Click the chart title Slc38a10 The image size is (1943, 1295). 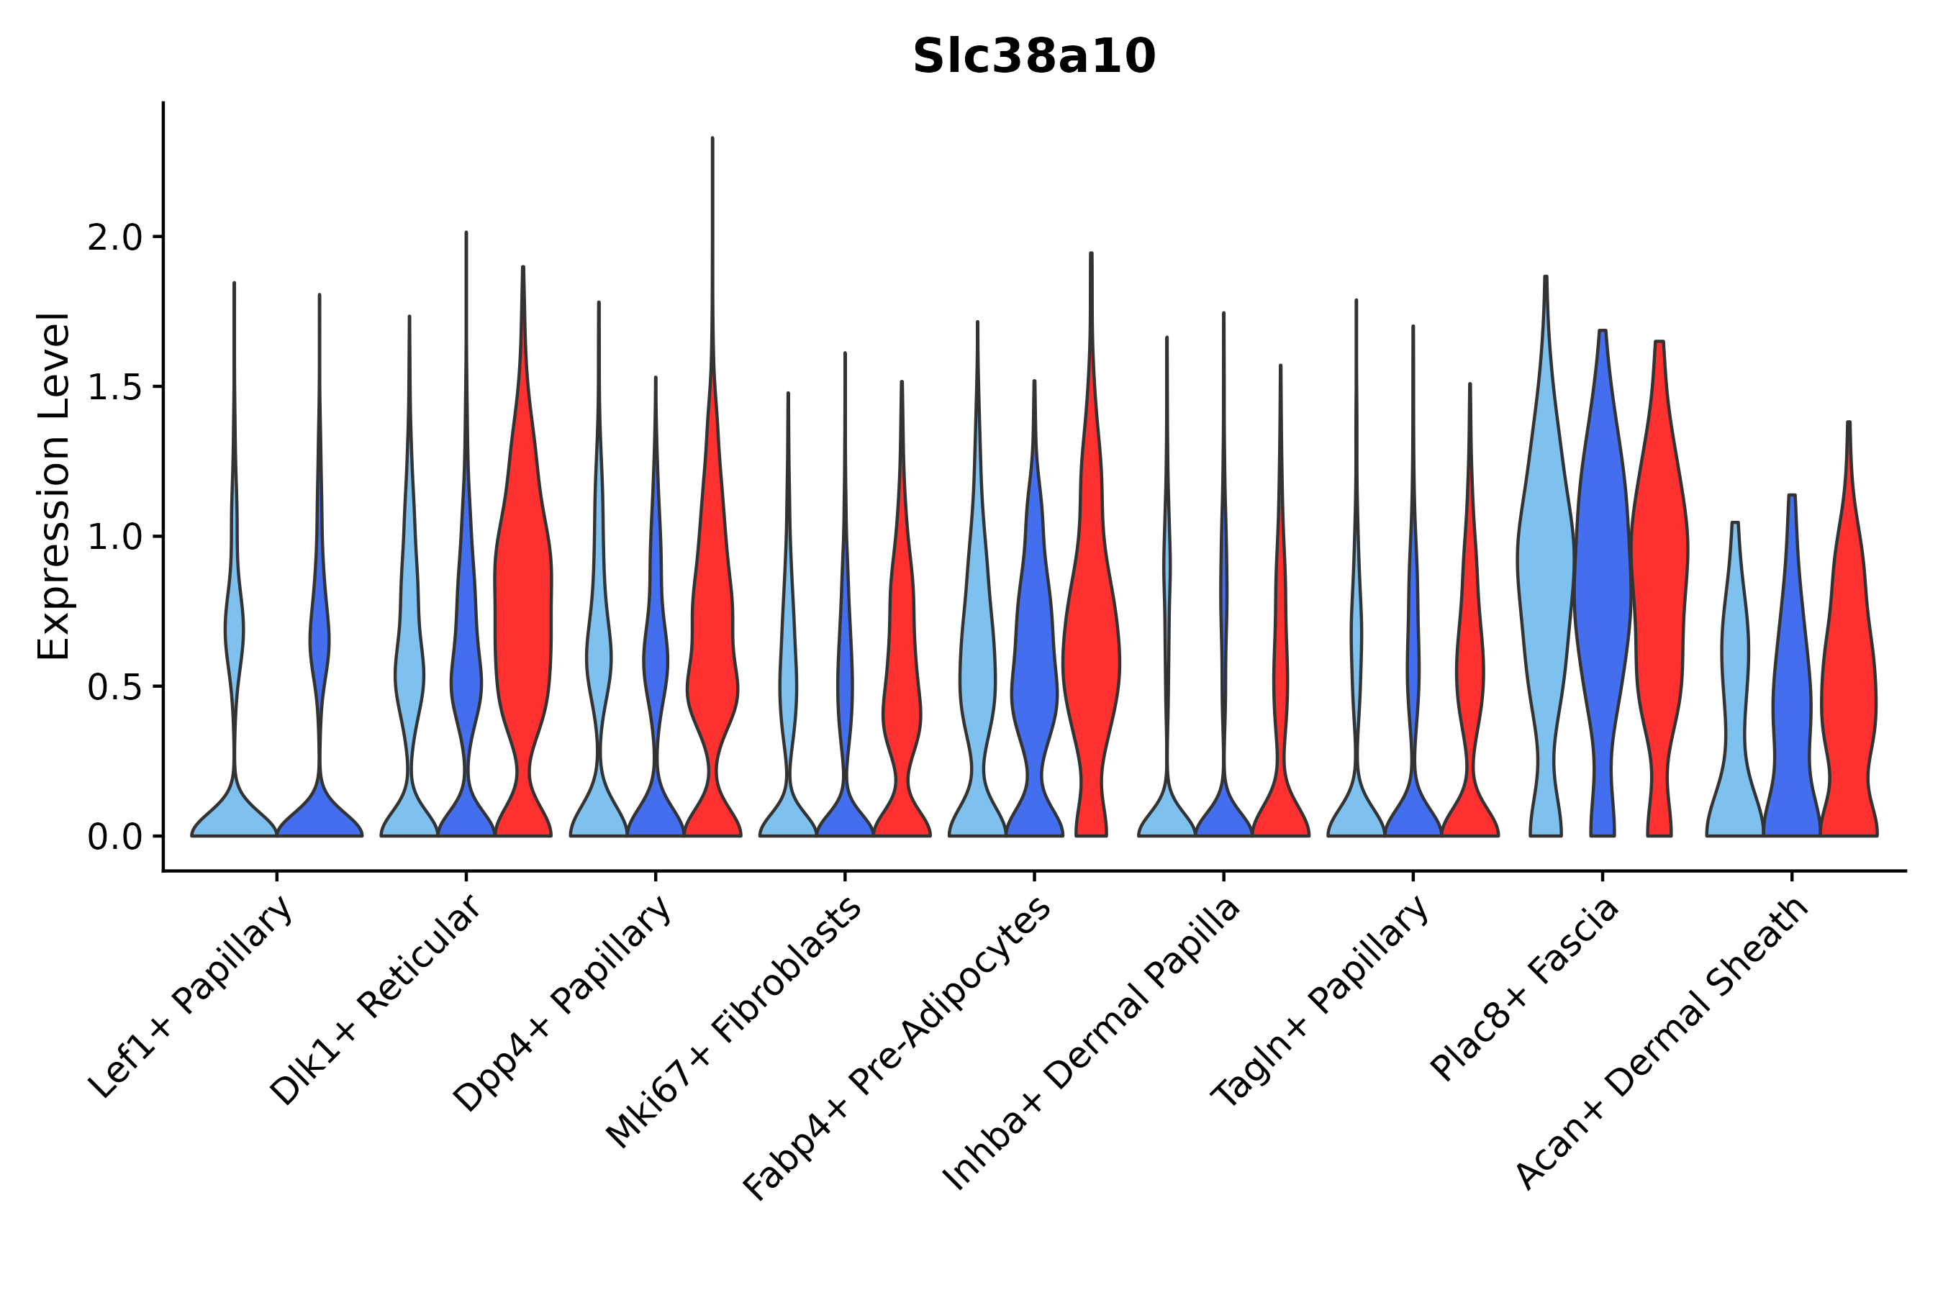1033,58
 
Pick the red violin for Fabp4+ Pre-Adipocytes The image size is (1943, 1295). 1091,660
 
